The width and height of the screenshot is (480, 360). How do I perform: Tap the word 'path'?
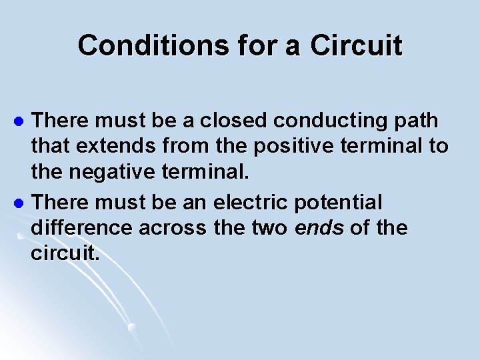(x=414, y=122)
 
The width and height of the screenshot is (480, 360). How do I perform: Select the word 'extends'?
(x=108, y=148)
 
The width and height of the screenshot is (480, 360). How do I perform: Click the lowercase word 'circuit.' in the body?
(x=65, y=254)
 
